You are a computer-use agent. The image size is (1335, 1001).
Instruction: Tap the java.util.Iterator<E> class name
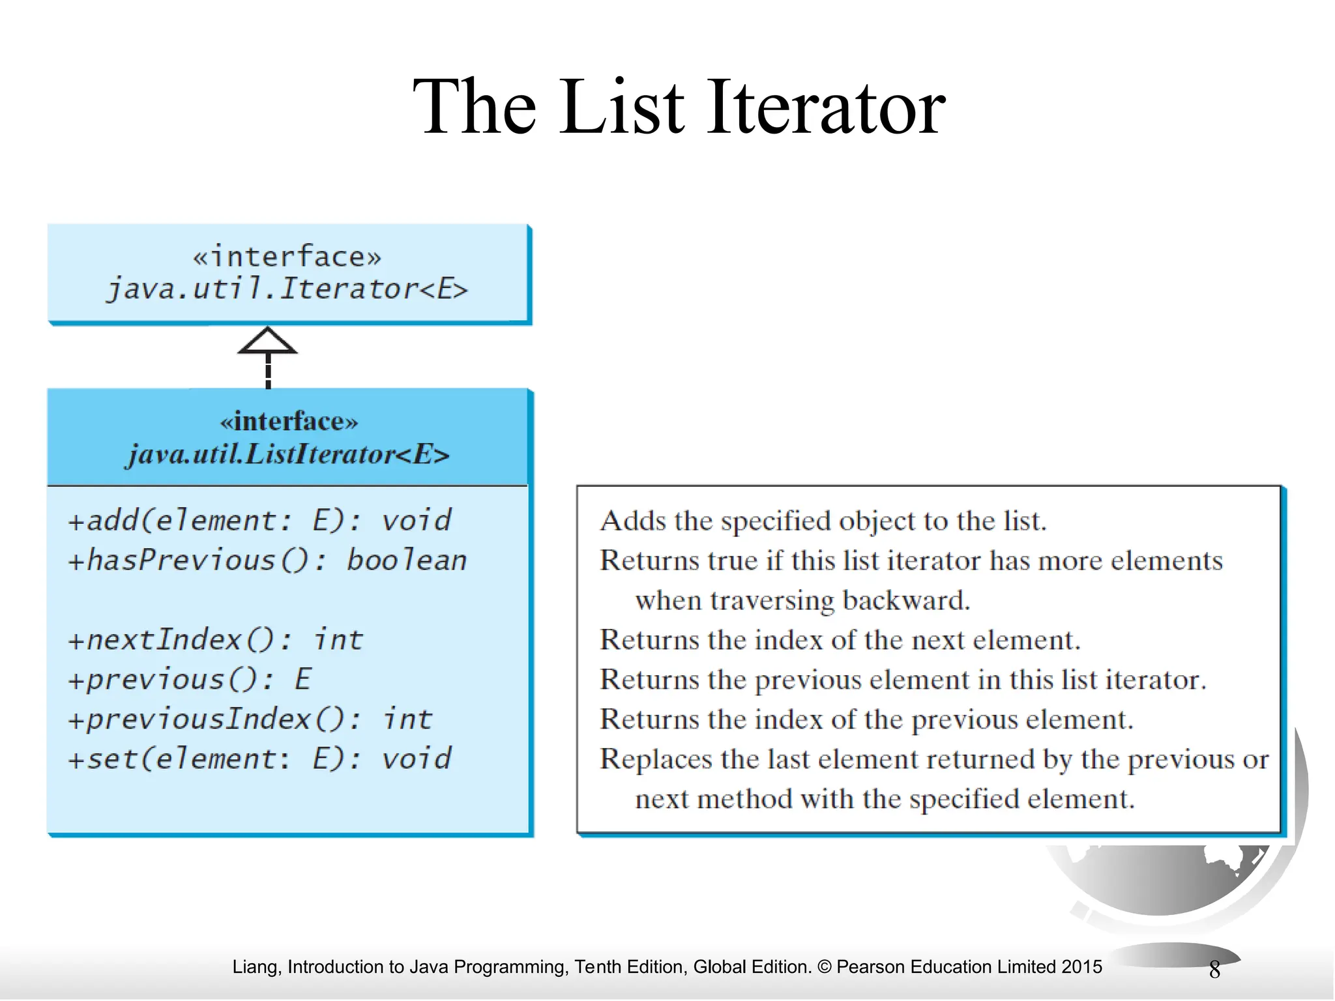coord(287,289)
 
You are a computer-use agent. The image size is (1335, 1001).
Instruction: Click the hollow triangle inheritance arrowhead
coord(267,341)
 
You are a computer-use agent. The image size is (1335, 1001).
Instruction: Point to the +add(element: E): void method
coord(259,521)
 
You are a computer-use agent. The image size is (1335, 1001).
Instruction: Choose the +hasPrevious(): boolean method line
coord(267,560)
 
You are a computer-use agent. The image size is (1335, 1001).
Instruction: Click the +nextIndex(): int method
coord(215,639)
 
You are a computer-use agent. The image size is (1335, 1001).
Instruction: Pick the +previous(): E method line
coord(190,679)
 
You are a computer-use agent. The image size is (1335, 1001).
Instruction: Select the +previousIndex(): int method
coord(250,719)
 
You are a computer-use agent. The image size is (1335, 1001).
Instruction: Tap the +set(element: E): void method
coord(259,759)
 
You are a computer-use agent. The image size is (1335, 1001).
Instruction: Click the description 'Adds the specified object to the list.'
coord(823,521)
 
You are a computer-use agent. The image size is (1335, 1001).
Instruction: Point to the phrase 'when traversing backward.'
coord(802,600)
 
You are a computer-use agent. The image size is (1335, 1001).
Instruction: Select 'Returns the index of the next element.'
coord(840,640)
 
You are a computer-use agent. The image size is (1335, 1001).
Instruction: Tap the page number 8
coord(1214,970)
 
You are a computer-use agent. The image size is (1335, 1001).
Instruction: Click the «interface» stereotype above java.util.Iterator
coord(287,256)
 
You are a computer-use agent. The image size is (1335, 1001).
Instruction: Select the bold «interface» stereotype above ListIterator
coord(289,421)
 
